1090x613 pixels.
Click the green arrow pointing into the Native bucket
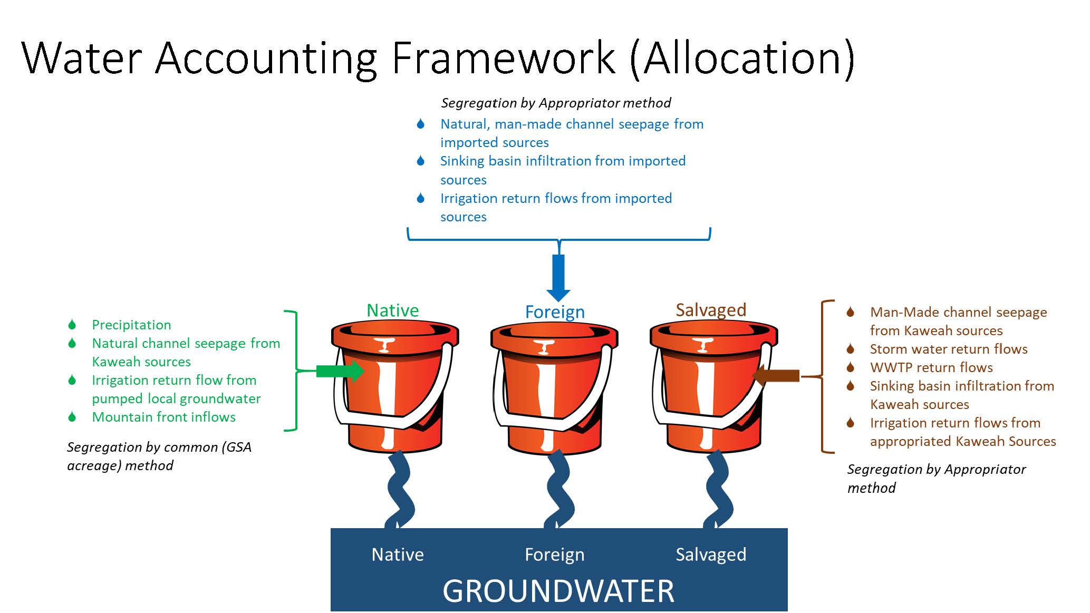point(340,371)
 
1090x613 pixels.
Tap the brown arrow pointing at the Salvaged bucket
point(776,376)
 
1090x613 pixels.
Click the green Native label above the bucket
point(393,310)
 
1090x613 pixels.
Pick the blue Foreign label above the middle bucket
point(555,312)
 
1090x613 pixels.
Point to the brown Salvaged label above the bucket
point(711,310)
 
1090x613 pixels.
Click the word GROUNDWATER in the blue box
point(558,591)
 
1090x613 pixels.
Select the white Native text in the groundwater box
point(398,554)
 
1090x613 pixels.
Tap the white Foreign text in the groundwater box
point(555,554)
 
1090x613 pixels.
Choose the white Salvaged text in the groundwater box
point(711,554)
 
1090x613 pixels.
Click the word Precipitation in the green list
point(131,325)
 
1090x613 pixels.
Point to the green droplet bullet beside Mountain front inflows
point(72,417)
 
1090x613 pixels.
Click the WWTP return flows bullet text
point(931,367)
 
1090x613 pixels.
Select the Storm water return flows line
point(949,349)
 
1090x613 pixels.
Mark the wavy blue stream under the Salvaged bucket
point(718,490)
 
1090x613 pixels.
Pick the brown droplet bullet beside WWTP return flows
point(850,367)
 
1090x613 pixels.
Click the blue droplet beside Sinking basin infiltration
point(420,161)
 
